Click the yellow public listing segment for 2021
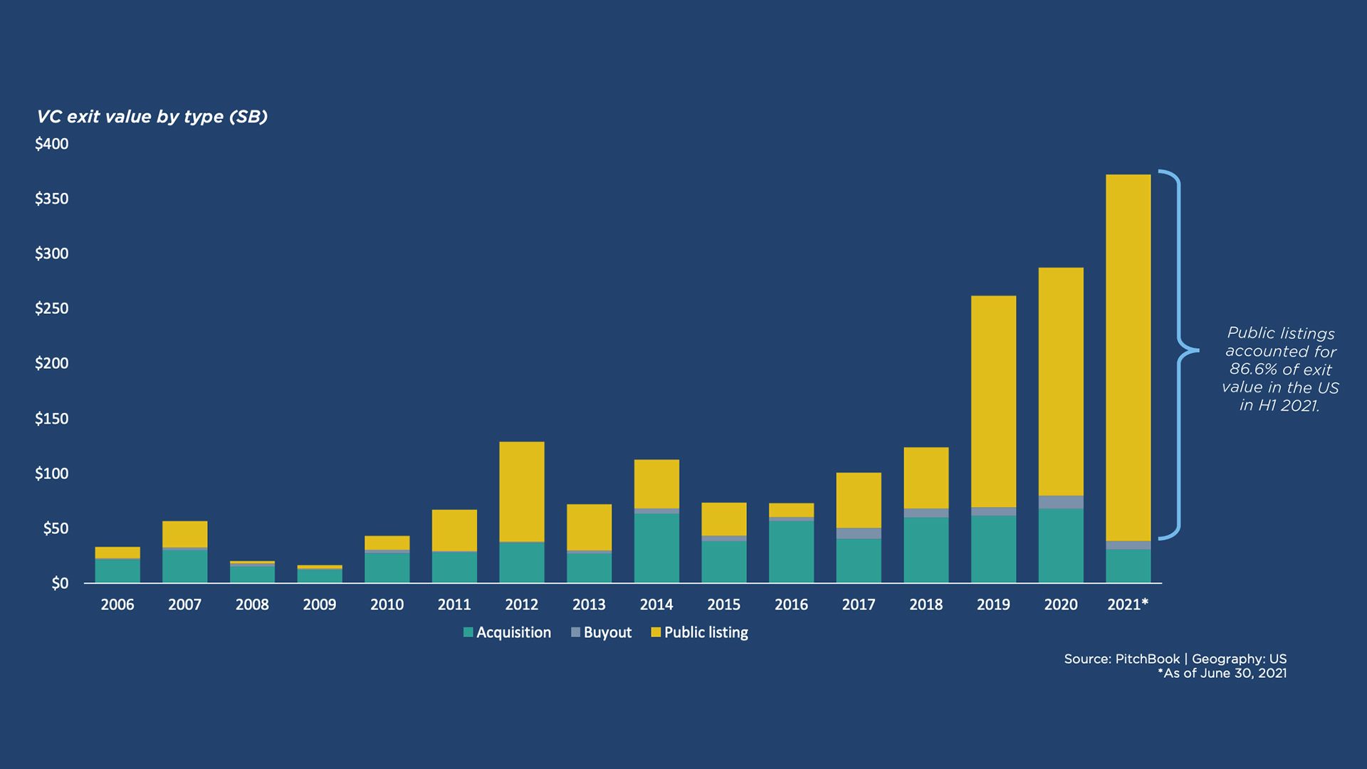tap(1128, 356)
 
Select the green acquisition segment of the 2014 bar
tap(656, 548)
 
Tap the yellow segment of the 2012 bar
tap(522, 491)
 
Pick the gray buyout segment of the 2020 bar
tap(1061, 502)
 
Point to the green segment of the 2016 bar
tap(791, 552)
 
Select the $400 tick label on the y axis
tap(52, 144)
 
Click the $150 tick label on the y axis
tap(52, 419)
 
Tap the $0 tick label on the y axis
tap(60, 584)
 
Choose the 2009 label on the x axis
tap(320, 605)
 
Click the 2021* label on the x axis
tap(1128, 605)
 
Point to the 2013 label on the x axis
tap(589, 605)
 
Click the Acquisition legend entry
tap(507, 632)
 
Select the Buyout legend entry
tap(601, 632)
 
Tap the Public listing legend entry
tap(699, 632)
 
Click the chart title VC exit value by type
tap(152, 117)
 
